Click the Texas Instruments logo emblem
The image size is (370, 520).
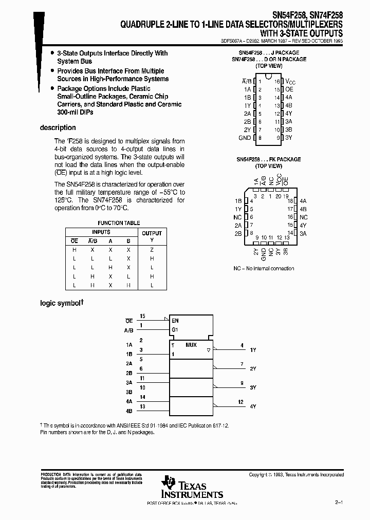coord(168,482)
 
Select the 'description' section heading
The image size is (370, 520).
coord(58,128)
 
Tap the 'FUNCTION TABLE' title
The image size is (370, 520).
coord(119,223)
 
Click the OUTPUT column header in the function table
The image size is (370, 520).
coord(152,233)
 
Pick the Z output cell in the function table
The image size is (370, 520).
coord(152,249)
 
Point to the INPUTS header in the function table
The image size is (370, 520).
coord(101,232)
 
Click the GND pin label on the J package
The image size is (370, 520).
coord(245,138)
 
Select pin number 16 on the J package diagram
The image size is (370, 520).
coord(276,81)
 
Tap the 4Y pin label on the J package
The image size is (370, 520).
coord(289,114)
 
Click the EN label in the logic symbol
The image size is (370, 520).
coord(175,320)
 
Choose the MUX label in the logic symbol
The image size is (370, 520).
coord(191,345)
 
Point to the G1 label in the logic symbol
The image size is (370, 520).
coord(175,329)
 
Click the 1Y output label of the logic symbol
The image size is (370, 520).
coord(252,350)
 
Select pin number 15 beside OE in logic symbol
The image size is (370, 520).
coord(143,315)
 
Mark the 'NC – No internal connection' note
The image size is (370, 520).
coord(264,268)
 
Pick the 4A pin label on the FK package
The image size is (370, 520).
coord(303,201)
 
